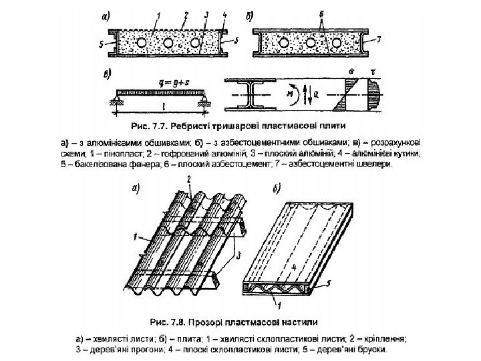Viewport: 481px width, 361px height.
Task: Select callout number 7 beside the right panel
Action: tap(379, 39)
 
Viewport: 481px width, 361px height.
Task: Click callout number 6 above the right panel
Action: tap(323, 15)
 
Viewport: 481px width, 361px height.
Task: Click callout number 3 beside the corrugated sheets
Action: tap(237, 255)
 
